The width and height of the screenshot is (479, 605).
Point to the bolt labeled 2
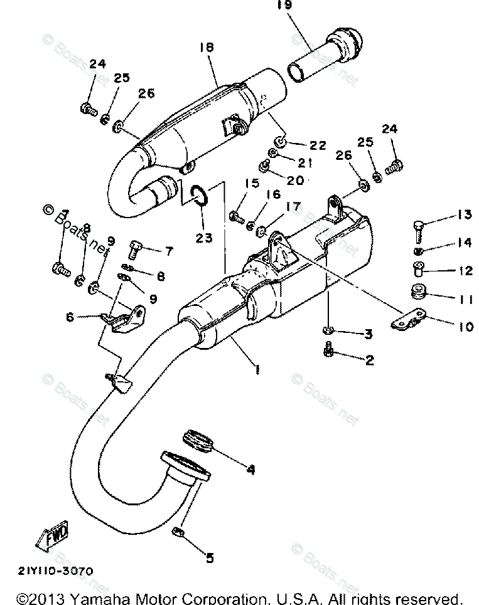(328, 351)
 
